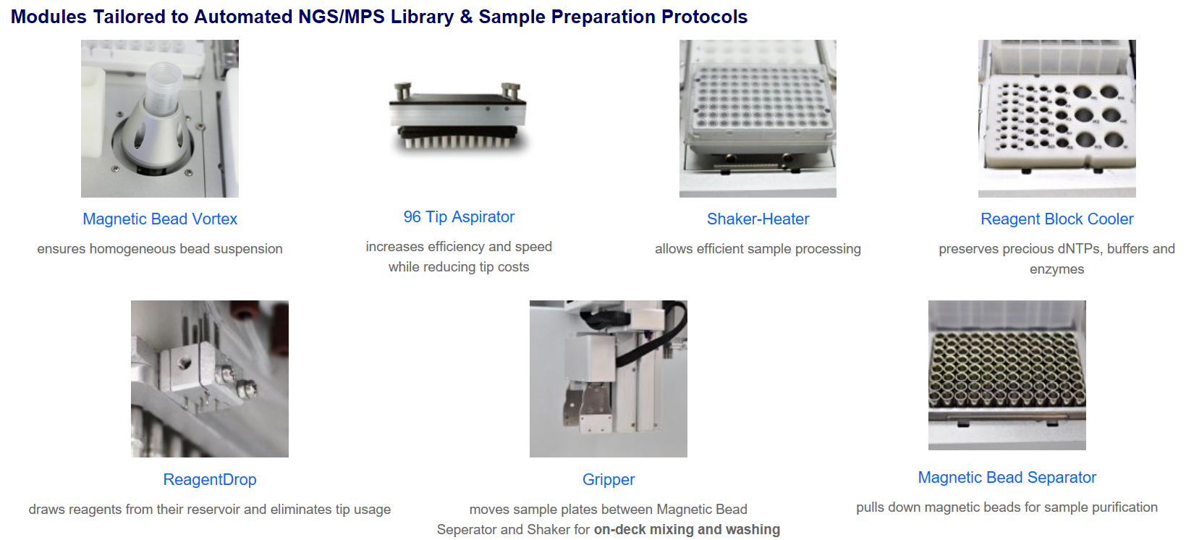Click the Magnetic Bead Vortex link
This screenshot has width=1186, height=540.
point(160,219)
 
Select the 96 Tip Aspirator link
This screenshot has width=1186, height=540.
point(459,216)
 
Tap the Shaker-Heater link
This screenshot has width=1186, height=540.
point(758,219)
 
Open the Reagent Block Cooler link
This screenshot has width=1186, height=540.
point(1056,219)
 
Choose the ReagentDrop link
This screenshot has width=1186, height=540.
point(210,479)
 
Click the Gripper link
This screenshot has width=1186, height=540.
point(609,479)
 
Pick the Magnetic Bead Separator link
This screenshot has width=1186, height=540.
point(1007,477)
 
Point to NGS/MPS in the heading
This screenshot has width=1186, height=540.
point(342,17)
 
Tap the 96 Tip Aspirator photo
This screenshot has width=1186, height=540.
point(459,117)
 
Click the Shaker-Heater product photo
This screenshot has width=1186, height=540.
point(758,119)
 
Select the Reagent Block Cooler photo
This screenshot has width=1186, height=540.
point(1056,119)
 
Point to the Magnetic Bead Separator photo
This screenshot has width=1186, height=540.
point(1007,376)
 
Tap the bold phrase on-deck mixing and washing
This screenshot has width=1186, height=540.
point(687,529)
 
